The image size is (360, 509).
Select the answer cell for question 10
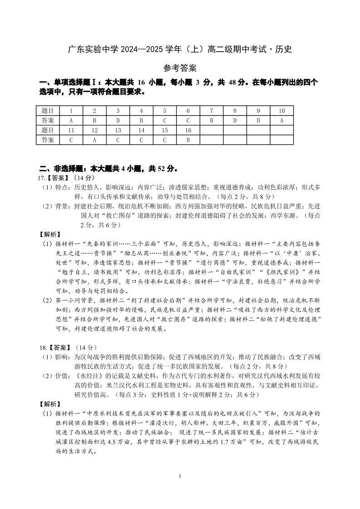click(282, 121)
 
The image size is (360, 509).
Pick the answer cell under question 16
click(188, 140)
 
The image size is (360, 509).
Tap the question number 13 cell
click(117, 131)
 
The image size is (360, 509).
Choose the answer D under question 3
click(117, 121)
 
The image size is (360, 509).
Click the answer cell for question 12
click(94, 140)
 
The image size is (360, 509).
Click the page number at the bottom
click(180, 476)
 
